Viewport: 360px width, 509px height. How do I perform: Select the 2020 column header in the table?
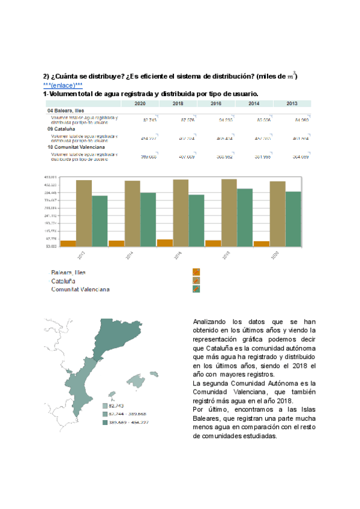point(140,104)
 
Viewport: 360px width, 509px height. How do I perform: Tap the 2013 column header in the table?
point(292,104)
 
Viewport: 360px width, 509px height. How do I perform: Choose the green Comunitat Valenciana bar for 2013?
point(100,220)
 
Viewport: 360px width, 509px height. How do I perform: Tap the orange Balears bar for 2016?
point(164,242)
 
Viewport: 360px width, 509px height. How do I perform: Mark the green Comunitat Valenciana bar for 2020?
point(293,218)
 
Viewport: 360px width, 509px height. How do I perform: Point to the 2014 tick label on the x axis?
point(129,254)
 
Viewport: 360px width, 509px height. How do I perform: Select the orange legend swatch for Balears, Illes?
point(196,272)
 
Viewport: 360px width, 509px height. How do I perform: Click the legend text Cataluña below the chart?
point(63,280)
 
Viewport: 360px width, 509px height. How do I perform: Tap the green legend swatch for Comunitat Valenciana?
point(196,289)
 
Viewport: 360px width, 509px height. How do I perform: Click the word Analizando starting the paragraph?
point(210,321)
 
